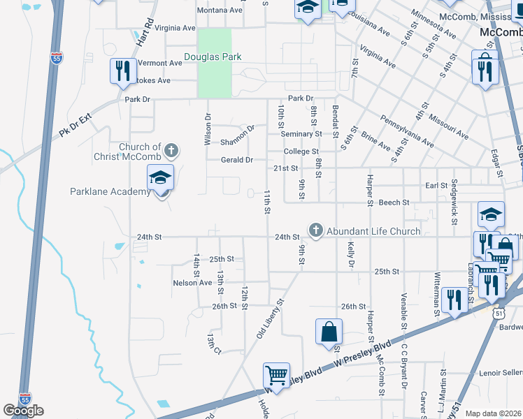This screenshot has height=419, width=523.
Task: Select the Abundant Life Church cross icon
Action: tap(316, 230)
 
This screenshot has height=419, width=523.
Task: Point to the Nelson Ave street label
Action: tap(192, 283)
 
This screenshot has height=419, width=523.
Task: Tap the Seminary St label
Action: tap(303, 133)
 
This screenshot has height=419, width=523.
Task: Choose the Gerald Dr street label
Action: tap(236, 160)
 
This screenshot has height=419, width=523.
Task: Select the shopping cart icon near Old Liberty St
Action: tap(277, 376)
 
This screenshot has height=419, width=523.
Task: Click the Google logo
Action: tap(23, 411)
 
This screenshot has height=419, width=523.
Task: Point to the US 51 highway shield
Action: tap(496, 315)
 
